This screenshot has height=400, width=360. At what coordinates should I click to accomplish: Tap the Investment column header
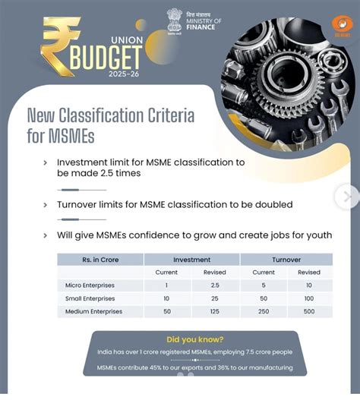tap(191, 260)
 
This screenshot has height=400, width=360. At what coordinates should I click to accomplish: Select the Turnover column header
tap(286, 260)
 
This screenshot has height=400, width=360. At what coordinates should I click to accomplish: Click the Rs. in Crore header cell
tap(100, 260)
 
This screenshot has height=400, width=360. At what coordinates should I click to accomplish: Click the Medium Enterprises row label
tap(93, 312)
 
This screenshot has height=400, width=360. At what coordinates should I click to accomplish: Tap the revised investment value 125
tap(215, 312)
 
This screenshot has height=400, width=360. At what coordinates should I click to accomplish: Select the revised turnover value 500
tap(309, 312)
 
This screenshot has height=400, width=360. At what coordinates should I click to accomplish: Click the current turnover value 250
tap(263, 312)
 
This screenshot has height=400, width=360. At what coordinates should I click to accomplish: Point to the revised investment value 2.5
tap(215, 285)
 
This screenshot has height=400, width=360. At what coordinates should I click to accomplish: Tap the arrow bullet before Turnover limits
tap(45, 205)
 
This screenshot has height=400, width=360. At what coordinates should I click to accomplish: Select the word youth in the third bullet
tap(316, 235)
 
